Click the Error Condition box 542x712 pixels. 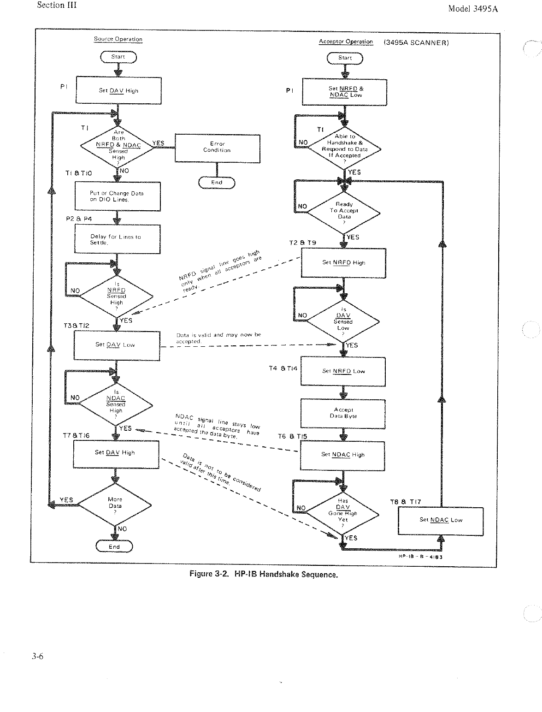[x=217, y=148]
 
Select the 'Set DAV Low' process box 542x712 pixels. [x=117, y=345]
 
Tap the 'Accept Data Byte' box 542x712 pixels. [x=342, y=413]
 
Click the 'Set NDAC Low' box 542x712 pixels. [x=440, y=521]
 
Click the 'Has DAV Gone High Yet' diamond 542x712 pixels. [x=343, y=511]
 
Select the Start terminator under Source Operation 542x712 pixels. [x=118, y=57]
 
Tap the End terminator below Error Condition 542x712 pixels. [x=217, y=183]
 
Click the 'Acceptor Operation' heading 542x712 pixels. [x=346, y=42]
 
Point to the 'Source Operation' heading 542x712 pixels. [x=118, y=39]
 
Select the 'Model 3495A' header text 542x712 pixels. [x=473, y=9]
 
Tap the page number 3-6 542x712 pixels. [x=37, y=657]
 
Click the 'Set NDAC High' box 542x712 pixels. [x=342, y=455]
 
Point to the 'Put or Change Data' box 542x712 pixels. [x=118, y=196]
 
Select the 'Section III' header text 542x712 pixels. [x=57, y=6]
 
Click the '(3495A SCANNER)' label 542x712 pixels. [x=416, y=43]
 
